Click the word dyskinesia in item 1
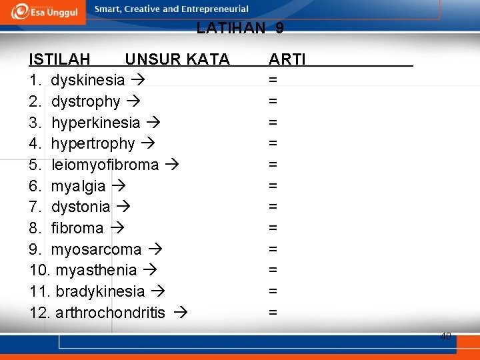pyautogui.click(x=87, y=81)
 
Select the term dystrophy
pyautogui.click(x=85, y=102)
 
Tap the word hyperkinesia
pyautogui.click(x=95, y=123)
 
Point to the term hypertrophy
pyautogui.click(x=93, y=144)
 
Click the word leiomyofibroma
pyautogui.click(x=105, y=165)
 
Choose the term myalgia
pyautogui.click(x=78, y=186)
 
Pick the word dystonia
pyautogui.click(x=80, y=207)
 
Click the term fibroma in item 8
pyautogui.click(x=77, y=228)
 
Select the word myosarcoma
pyautogui.click(x=96, y=249)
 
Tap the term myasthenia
pyautogui.click(x=96, y=271)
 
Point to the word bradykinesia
pyautogui.click(x=100, y=291)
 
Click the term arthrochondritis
pyautogui.click(x=111, y=313)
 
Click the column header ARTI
pyautogui.click(x=287, y=60)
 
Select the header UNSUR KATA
pyautogui.click(x=177, y=60)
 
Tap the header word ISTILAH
pyautogui.click(x=60, y=60)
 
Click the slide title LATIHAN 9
pyautogui.click(x=240, y=28)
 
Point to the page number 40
pyautogui.click(x=445, y=336)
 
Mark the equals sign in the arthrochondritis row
pyautogui.click(x=273, y=312)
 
